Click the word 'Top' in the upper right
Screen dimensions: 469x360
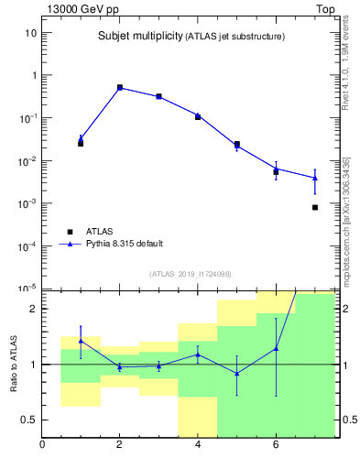pos(325,8)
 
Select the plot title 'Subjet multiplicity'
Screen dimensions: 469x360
pos(140,37)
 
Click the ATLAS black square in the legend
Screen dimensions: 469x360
pos(69,232)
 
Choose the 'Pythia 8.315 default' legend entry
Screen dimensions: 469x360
pos(124,244)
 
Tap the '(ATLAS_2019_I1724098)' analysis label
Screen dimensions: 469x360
pos(190,274)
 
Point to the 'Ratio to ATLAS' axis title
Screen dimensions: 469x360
pos(15,365)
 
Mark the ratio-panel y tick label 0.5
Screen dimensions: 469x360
pos(28,420)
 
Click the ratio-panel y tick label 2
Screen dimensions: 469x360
pos(33,309)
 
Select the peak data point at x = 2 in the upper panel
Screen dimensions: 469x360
pos(120,87)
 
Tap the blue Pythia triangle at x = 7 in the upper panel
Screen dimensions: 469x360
pos(315,178)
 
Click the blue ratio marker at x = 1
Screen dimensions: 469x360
pos(81,341)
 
